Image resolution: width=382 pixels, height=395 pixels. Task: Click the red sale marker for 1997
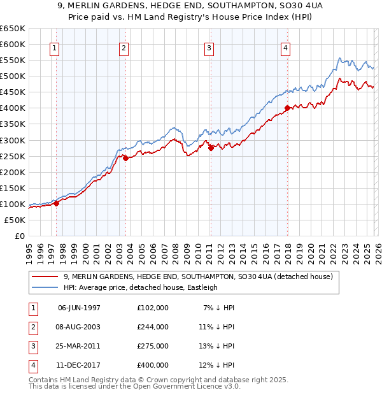56,203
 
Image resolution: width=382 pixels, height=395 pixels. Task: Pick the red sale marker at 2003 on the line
125,158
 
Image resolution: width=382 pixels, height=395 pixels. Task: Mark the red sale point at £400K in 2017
287,108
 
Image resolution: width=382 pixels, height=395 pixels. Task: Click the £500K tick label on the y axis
12,76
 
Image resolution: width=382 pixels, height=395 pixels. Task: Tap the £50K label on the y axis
15,220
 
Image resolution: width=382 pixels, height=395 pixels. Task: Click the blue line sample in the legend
45,287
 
